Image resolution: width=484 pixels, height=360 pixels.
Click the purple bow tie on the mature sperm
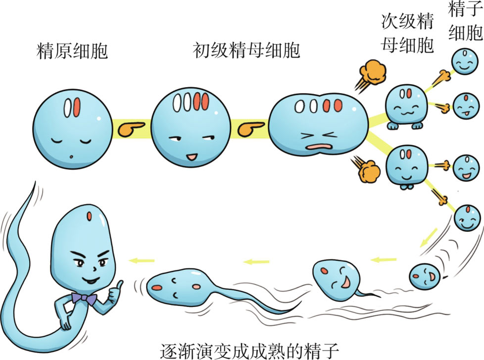[84, 298]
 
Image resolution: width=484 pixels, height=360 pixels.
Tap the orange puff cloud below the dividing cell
[368, 171]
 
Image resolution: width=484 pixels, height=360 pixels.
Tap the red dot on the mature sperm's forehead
[89, 216]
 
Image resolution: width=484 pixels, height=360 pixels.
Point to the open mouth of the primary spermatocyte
[191, 158]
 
